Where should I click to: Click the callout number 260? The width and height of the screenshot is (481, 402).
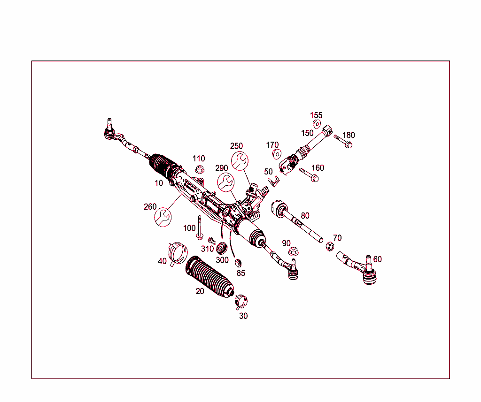[x=150, y=207]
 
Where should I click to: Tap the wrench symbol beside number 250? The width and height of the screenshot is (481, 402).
[x=240, y=160]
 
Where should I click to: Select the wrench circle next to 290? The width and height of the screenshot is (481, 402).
[x=226, y=182]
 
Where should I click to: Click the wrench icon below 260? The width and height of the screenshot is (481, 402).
[x=163, y=217]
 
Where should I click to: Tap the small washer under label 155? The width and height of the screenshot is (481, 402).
[x=317, y=124]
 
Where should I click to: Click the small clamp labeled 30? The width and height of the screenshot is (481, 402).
[x=242, y=300]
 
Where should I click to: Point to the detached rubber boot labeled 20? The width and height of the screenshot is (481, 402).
[x=210, y=276]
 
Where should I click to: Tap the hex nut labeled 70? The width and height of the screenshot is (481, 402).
[x=330, y=247]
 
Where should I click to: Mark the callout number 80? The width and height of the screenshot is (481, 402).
[x=305, y=216]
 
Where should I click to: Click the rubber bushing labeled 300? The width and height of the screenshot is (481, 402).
[x=222, y=247]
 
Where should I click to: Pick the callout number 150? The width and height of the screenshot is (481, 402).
[x=307, y=133]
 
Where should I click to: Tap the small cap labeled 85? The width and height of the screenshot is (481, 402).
[x=238, y=261]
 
